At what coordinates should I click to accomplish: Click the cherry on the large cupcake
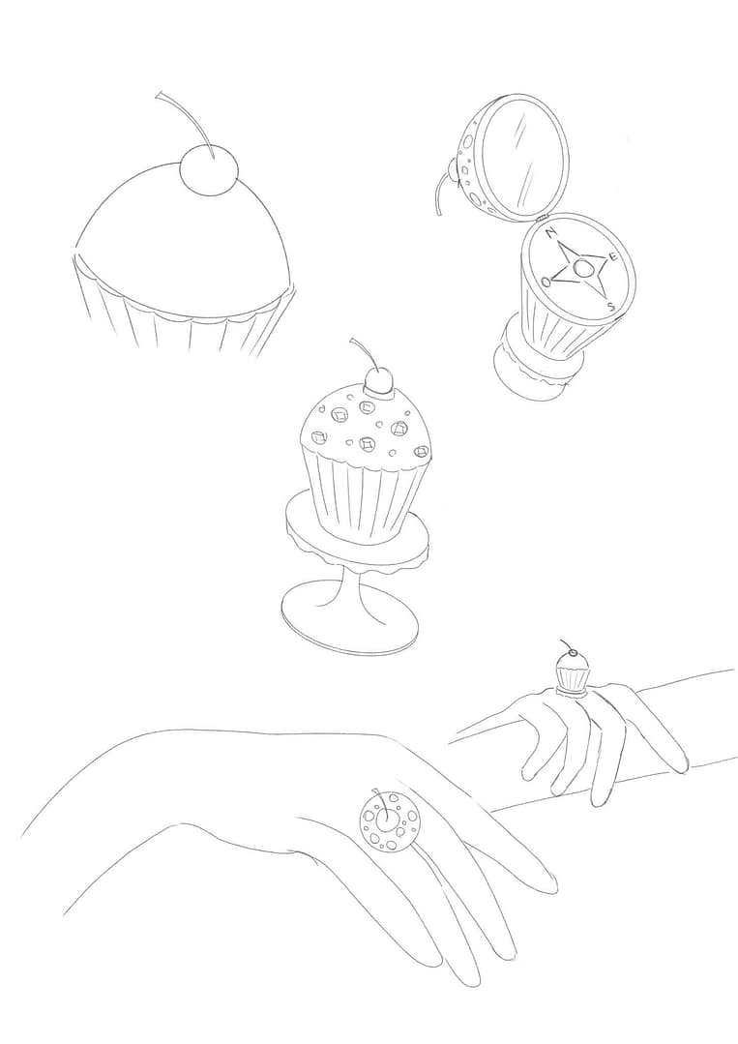click(208, 170)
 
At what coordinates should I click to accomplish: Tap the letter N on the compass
click(549, 233)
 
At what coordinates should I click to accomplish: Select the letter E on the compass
click(613, 256)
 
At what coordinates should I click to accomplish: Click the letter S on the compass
click(611, 307)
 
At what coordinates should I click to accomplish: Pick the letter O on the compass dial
click(546, 281)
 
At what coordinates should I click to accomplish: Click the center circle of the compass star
click(582, 268)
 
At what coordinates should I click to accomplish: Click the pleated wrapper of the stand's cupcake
click(364, 493)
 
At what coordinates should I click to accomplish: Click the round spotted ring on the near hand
click(389, 820)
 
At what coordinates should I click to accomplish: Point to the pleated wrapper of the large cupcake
click(183, 313)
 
